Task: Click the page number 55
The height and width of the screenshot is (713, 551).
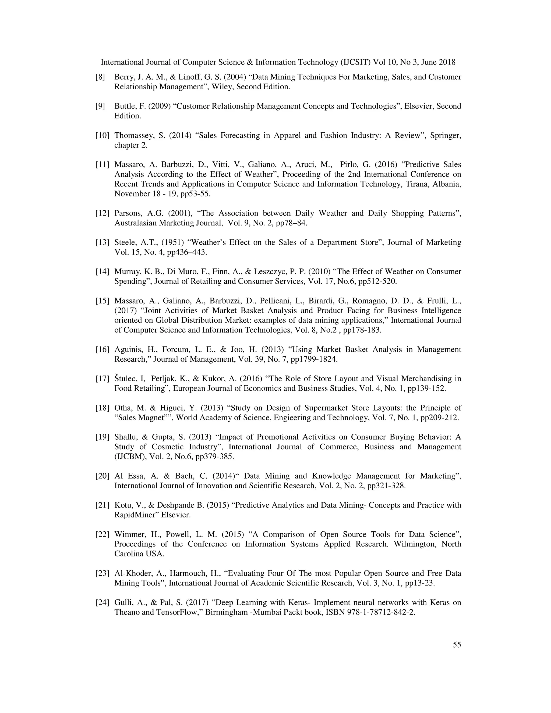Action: [457, 645]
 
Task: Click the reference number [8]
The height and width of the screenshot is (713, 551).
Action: [100, 77]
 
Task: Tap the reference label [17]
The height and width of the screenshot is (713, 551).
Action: [102, 379]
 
